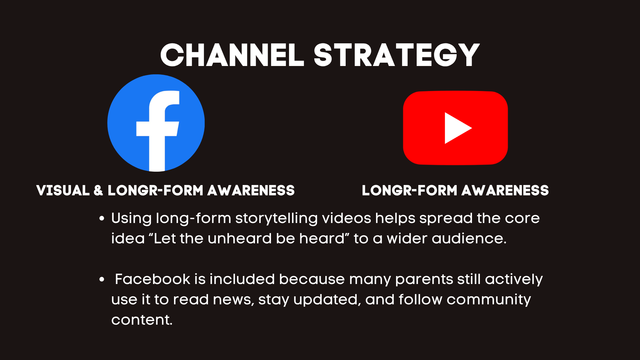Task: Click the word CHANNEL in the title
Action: tap(232, 55)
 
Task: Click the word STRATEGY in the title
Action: tap(397, 55)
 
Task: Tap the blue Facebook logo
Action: tap(156, 123)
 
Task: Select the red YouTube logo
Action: tap(455, 128)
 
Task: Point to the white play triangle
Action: tap(457, 128)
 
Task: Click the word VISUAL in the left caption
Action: tap(63, 190)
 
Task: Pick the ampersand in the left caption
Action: tap(98, 190)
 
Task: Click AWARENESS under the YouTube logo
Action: tap(505, 190)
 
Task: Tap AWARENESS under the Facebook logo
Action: tap(251, 190)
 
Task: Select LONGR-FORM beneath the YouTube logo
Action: tap(410, 190)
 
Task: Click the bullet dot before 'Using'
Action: tap(102, 219)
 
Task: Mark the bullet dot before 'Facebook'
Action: tap(102, 280)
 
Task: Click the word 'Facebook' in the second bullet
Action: tap(153, 279)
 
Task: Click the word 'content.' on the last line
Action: tap(142, 320)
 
